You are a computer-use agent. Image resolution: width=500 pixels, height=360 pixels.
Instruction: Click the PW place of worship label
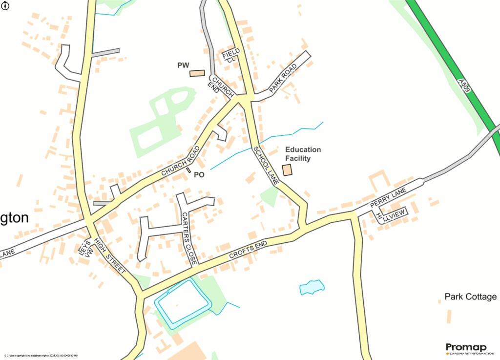(183, 65)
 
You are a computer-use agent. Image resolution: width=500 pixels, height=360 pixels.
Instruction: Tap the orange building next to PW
(197, 73)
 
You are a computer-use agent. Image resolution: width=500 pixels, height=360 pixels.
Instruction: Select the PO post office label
(199, 174)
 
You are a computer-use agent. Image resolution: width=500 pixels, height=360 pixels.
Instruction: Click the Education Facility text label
(303, 154)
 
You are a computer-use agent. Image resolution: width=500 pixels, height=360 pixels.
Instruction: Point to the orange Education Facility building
(287, 170)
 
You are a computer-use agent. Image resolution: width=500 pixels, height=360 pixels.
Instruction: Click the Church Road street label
(181, 161)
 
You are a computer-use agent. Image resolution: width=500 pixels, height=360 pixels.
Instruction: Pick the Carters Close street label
(189, 238)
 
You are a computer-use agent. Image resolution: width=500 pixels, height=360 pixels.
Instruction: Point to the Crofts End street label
(248, 251)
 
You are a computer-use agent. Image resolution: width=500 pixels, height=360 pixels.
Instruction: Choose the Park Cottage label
(471, 296)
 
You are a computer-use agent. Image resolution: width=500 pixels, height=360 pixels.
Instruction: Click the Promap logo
(466, 348)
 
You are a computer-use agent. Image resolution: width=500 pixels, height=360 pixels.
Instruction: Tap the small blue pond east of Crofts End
(312, 287)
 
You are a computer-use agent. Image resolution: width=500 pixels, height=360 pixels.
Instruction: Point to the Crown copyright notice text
(42, 356)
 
